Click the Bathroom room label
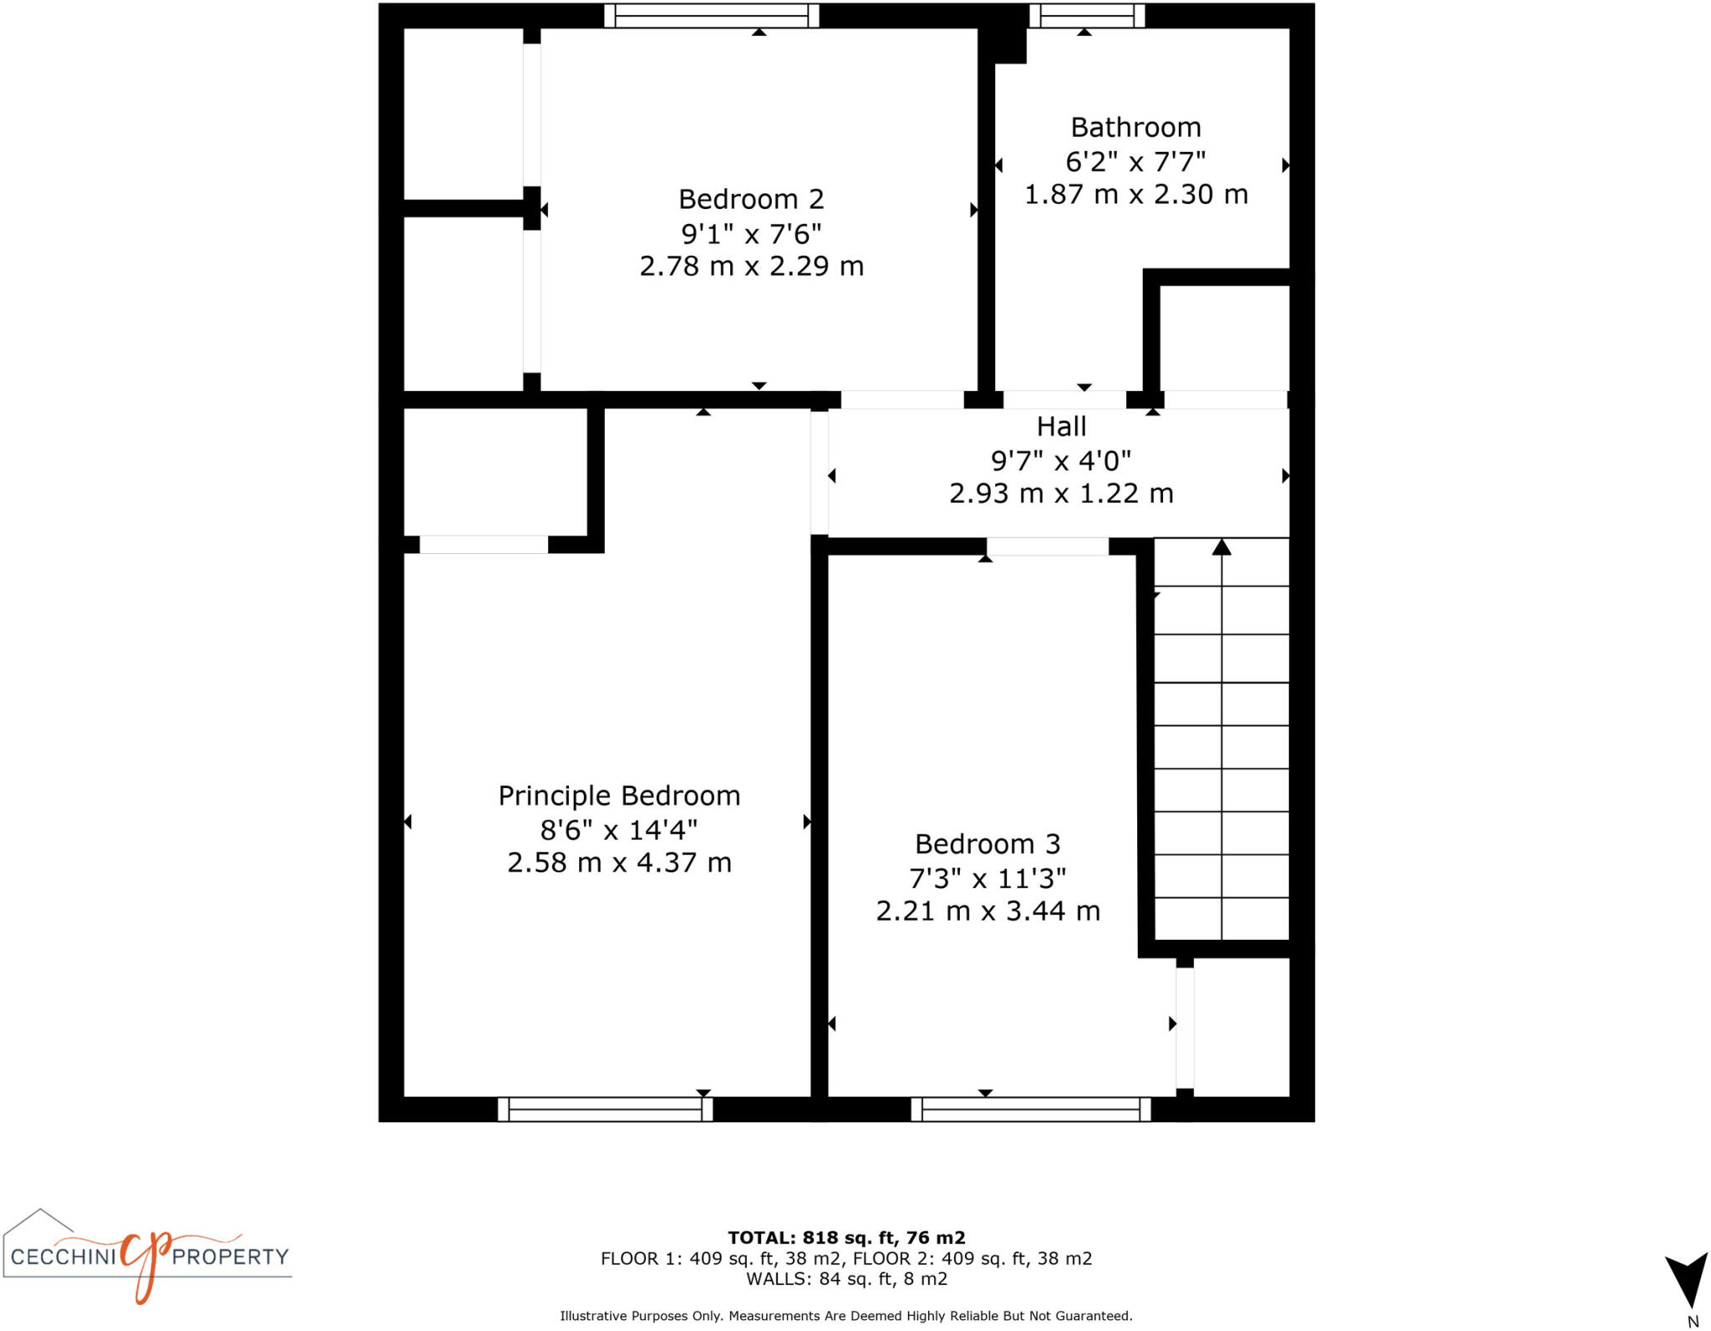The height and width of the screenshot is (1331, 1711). (x=1135, y=128)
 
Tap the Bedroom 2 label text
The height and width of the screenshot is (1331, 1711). (x=751, y=200)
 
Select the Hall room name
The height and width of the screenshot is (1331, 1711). (x=1061, y=427)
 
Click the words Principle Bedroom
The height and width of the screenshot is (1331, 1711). (x=619, y=796)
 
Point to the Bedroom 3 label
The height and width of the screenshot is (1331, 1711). (x=988, y=845)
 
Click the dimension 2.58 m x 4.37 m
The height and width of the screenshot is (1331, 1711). (x=619, y=863)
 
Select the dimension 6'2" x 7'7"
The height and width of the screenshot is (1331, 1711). (x=1135, y=161)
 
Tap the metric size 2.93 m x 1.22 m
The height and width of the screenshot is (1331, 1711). (x=1061, y=494)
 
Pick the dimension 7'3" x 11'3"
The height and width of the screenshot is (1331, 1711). (x=988, y=878)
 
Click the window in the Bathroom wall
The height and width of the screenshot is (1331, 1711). (x=1086, y=16)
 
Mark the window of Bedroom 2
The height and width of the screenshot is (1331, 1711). (x=711, y=16)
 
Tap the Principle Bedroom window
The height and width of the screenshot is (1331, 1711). (x=605, y=1110)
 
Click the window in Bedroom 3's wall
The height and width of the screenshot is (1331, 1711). (x=1030, y=1110)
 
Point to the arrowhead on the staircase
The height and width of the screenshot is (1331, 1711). (x=1221, y=547)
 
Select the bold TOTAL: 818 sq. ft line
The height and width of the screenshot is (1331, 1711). (x=846, y=1238)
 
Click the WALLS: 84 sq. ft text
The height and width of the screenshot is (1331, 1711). (x=846, y=1279)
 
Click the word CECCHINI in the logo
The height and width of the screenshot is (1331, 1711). (x=63, y=1257)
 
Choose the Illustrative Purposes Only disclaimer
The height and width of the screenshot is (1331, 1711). (x=846, y=1316)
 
